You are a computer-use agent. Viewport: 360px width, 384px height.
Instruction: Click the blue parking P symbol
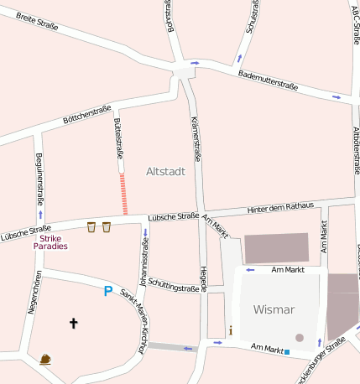point(107,291)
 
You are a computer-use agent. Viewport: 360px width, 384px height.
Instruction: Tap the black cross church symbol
point(73,322)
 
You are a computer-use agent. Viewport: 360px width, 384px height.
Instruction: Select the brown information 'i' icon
point(231,330)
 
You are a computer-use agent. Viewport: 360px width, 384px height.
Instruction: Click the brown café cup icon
point(44,359)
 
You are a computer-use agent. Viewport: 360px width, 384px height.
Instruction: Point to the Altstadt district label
point(165,171)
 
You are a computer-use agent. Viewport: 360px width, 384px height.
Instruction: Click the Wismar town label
point(274,309)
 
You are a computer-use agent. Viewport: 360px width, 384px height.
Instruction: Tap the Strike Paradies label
point(50,242)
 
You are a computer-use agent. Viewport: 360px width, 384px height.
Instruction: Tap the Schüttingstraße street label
point(173,286)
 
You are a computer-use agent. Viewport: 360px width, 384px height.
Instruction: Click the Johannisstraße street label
point(144,258)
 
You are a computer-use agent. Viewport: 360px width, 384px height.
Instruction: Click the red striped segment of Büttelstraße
point(124,195)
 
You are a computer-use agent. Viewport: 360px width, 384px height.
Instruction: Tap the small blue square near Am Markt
point(287,352)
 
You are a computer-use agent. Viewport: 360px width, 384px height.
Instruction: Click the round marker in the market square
point(300,338)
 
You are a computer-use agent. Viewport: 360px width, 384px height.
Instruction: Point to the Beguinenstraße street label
point(39,176)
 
